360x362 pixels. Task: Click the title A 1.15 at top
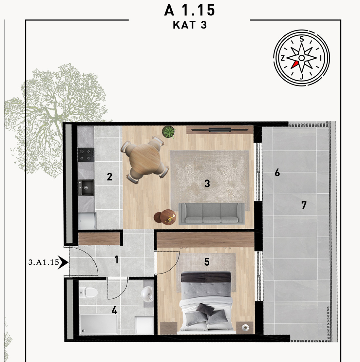coord(189,10)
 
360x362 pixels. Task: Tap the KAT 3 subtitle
coord(190,25)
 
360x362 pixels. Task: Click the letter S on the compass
coord(302,39)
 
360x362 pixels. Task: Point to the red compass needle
coord(294,65)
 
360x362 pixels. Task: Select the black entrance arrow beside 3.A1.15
coord(63,262)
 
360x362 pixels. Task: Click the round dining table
coord(145,159)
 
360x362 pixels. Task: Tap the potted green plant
coord(169,132)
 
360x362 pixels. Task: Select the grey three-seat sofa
coord(212,214)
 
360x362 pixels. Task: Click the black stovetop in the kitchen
coord(86,155)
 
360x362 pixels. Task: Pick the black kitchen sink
coord(86,187)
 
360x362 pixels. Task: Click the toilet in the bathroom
coord(88,292)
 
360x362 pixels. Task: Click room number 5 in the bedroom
coord(207,262)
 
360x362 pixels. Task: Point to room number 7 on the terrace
coord(304,205)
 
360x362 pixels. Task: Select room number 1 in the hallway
coord(117,259)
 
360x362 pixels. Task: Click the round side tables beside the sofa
coord(165,217)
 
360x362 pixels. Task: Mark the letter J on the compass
coord(302,77)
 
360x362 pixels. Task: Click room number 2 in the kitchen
coord(109,177)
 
